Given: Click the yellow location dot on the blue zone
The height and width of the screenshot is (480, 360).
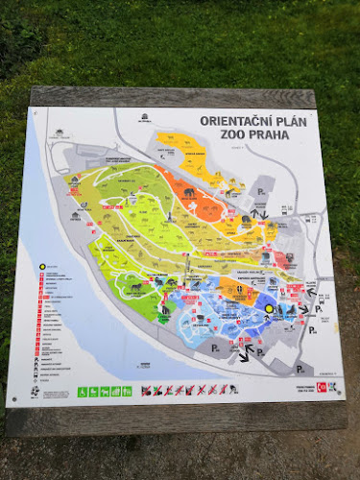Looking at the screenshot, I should (x=269, y=309).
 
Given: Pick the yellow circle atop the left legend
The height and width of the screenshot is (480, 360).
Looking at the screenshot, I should (x=43, y=266).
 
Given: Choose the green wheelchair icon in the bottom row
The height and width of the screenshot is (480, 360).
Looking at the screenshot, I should (x=84, y=391).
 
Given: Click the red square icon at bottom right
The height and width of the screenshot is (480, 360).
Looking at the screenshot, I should (x=322, y=387).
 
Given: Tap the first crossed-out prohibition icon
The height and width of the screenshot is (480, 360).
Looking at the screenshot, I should (x=146, y=391).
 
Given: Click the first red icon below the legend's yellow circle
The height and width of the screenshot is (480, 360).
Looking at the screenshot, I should (x=42, y=276).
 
